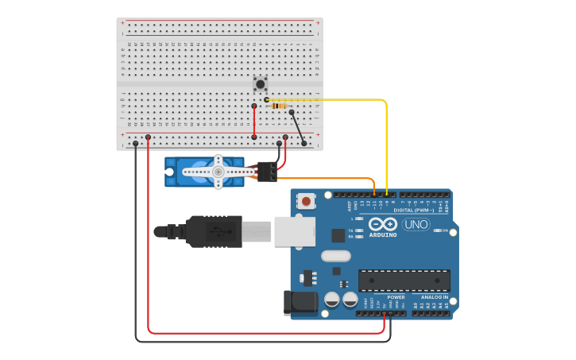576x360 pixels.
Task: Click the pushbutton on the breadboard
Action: [x=260, y=83]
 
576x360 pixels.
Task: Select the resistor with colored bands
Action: [x=279, y=106]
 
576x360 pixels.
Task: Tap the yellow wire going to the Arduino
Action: [x=386, y=143]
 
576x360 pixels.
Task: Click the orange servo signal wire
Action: [x=334, y=179]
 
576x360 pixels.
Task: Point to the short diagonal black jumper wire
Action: [x=298, y=128]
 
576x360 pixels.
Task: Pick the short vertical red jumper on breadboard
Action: [x=254, y=121]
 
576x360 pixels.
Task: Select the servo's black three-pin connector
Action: [x=267, y=171]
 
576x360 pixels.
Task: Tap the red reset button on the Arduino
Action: [x=307, y=202]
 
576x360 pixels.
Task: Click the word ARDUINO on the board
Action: [x=383, y=235]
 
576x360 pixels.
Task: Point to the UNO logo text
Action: [x=416, y=224]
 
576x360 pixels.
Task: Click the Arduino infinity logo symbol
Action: [x=382, y=224]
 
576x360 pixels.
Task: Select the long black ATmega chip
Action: [x=404, y=280]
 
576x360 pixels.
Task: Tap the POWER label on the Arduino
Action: [x=396, y=297]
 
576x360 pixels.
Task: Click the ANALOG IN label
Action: [x=435, y=297]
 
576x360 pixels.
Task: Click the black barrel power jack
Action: [x=301, y=302]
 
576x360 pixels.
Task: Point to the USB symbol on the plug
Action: [x=218, y=231]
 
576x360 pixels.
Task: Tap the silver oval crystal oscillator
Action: [x=336, y=256]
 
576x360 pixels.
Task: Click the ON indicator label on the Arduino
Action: [x=445, y=231]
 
